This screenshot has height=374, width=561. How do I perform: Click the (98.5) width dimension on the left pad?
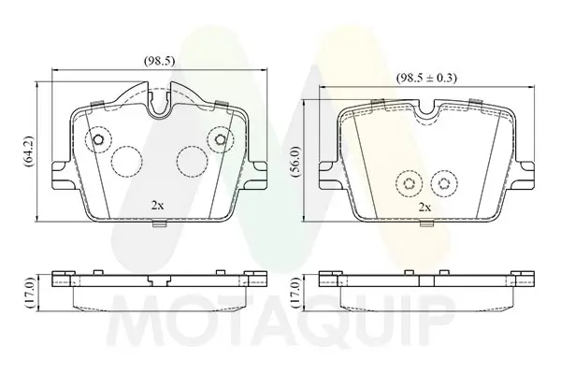point(159,62)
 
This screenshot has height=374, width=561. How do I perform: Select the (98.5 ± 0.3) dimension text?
point(426,78)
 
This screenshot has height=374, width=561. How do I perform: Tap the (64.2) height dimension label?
point(29,151)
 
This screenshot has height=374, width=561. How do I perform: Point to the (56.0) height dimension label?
point(295,162)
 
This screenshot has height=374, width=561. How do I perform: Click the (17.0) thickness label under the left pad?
point(29,293)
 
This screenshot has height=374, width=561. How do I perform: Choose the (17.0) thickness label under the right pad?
point(295,293)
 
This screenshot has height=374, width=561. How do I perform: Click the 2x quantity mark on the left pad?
point(157,206)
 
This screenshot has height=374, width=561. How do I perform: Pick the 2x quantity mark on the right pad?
point(424,208)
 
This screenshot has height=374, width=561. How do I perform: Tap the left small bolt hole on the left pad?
point(98,139)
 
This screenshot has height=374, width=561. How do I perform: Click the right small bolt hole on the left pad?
point(221,139)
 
